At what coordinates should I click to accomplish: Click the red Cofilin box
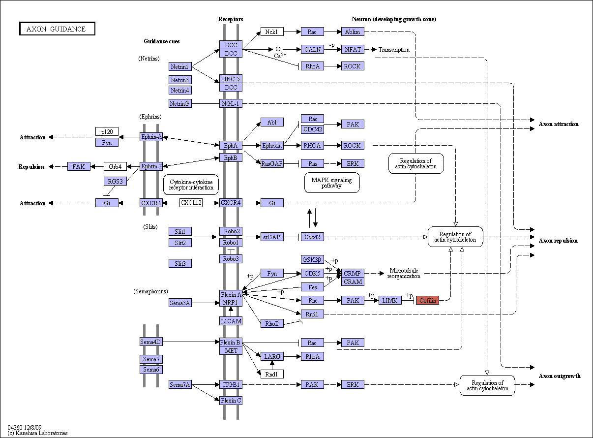pyautogui.click(x=427, y=300)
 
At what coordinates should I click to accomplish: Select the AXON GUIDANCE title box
pyautogui.click(x=57, y=29)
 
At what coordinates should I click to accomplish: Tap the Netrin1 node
pyautogui.click(x=180, y=66)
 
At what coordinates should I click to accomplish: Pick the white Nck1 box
pyautogui.click(x=272, y=31)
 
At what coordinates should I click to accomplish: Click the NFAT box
pyautogui.click(x=353, y=49)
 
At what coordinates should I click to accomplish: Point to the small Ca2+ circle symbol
pyautogui.click(x=278, y=49)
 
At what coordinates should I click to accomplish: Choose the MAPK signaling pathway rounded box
pyautogui.click(x=332, y=183)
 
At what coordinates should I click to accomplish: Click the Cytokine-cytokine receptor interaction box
pyautogui.click(x=191, y=185)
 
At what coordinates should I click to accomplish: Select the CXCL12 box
pyautogui.click(x=191, y=203)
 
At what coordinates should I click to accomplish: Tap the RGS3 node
pyautogui.click(x=115, y=181)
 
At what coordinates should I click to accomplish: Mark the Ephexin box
pyautogui.click(x=272, y=145)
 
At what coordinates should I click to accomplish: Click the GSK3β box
pyautogui.click(x=312, y=259)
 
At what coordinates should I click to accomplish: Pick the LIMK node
pyautogui.click(x=390, y=300)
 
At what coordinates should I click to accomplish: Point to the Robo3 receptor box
pyautogui.click(x=231, y=259)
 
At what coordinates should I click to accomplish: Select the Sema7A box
pyautogui.click(x=180, y=384)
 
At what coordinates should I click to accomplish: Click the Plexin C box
pyautogui.click(x=231, y=400)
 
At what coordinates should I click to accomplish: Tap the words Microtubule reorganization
pyautogui.click(x=404, y=273)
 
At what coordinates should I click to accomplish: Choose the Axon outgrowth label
pyautogui.click(x=560, y=376)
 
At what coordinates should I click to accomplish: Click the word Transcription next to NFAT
pyautogui.click(x=394, y=50)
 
